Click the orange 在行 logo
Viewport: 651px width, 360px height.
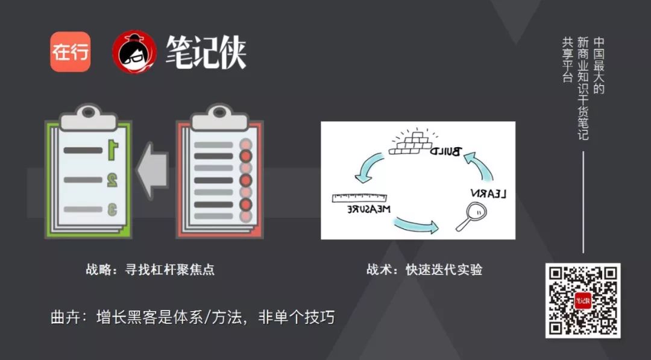pyautogui.click(x=70, y=52)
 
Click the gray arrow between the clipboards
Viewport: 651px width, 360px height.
pyautogui.click(x=153, y=171)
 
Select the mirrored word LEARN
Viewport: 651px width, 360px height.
pyautogui.click(x=488, y=194)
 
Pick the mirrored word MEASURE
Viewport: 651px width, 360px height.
pyautogui.click(x=360, y=209)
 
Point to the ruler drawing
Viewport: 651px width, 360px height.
pyautogui.click(x=358, y=197)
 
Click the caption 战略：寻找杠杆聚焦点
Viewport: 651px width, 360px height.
pyautogui.click(x=150, y=270)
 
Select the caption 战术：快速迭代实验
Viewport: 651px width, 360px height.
pyautogui.click(x=424, y=270)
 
